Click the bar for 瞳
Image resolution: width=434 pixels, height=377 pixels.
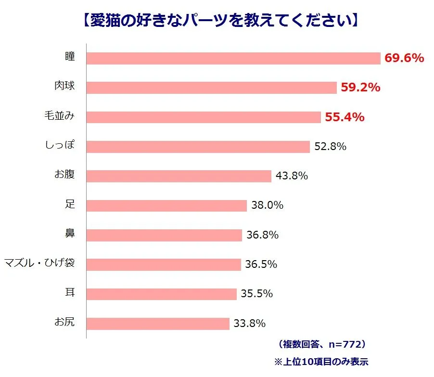point(233,58)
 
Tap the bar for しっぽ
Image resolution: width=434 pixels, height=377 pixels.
point(198,147)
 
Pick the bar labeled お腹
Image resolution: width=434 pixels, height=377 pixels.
point(179,176)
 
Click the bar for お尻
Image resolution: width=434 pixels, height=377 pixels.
point(158,324)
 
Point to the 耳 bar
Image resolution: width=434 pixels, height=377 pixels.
point(161,294)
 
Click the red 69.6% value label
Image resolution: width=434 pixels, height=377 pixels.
point(404,58)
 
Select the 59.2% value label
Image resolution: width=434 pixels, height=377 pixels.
point(360,88)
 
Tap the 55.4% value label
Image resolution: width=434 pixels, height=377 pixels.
point(345,117)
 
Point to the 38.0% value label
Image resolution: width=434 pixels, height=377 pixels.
point(267,205)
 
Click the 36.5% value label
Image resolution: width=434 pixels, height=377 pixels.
point(261,264)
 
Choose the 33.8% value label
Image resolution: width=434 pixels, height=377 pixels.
point(249,323)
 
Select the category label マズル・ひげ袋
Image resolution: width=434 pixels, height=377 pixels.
point(39,264)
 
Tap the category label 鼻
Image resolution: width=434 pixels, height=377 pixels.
point(70,234)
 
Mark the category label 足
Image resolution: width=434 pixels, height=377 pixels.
point(70,204)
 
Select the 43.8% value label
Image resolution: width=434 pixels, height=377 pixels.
point(292,176)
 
